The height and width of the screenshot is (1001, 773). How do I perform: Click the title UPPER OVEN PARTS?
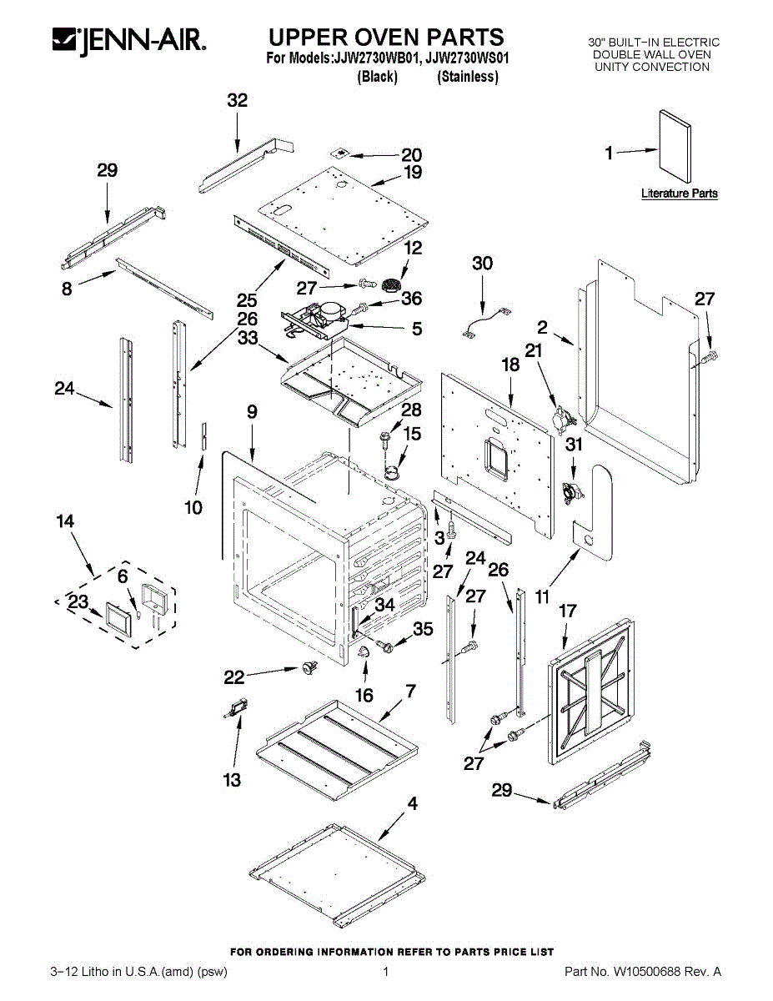tap(386, 38)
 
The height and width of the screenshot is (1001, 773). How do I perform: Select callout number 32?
tap(238, 101)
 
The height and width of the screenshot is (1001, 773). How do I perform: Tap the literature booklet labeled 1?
tap(675, 147)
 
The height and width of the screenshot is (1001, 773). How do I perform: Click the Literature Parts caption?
tap(679, 194)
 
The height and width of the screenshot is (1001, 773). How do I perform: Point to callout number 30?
tap(482, 264)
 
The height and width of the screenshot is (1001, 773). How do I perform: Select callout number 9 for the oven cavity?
tap(252, 412)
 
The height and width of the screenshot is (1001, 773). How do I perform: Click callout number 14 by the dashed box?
tap(65, 521)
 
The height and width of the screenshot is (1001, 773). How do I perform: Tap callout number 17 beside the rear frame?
tap(567, 611)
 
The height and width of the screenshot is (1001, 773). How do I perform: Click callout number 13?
tap(232, 780)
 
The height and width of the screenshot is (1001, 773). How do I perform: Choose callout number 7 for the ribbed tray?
tap(410, 691)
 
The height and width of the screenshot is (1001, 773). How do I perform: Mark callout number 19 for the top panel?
tap(413, 173)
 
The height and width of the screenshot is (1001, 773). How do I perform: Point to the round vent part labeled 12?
tap(389, 285)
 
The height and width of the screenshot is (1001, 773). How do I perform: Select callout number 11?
tap(542, 596)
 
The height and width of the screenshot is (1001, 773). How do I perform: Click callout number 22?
tap(235, 679)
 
